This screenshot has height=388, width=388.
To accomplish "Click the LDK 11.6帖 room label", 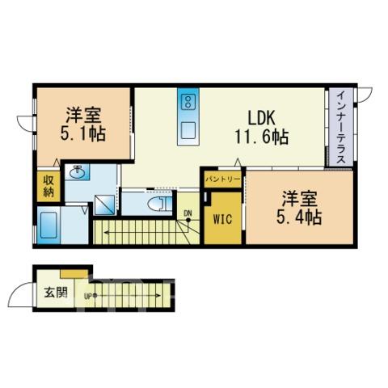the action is click(262, 128).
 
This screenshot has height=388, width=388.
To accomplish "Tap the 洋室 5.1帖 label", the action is click(82, 124).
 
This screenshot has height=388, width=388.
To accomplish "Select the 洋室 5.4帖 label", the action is click(299, 208).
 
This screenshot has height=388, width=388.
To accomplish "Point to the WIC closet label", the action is click(222, 219).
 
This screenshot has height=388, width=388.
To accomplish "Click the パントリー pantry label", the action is click(222, 179).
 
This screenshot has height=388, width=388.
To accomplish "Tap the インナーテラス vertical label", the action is click(341, 127).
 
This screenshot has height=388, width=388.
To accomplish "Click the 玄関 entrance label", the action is click(56, 293).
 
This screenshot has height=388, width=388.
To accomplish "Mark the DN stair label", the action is click(188, 213).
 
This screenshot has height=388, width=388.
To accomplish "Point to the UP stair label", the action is click(87, 296).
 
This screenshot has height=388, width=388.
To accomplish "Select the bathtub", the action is click(48, 225).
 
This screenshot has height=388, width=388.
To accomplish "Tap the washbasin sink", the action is click(77, 172).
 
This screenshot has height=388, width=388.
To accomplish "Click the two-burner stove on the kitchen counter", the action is click(188, 102).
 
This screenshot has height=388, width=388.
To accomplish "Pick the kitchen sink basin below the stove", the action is click(188, 130).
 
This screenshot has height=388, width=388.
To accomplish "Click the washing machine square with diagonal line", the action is click(104, 205).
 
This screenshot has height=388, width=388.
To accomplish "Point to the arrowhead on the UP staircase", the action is click(158, 296).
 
